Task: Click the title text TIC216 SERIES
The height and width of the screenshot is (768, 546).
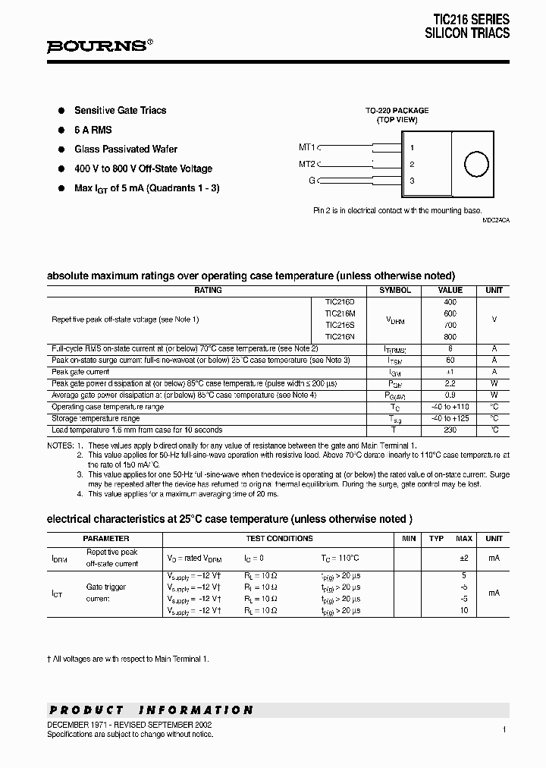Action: click(471, 20)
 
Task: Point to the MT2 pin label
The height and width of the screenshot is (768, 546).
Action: click(306, 164)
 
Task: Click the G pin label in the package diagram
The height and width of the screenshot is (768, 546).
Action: click(311, 181)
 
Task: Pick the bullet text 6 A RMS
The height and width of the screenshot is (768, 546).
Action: click(93, 130)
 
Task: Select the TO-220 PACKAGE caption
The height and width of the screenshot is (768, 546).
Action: click(397, 110)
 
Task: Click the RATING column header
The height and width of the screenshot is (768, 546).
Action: click(208, 291)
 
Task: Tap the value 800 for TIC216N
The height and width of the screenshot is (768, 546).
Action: click(450, 337)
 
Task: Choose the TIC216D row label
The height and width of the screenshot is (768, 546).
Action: click(340, 302)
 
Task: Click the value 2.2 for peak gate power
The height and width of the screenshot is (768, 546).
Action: click(450, 384)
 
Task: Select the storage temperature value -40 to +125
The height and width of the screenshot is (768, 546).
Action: click(450, 419)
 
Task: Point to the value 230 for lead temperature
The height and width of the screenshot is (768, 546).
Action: click(450, 430)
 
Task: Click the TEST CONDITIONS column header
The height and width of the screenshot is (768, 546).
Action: click(279, 539)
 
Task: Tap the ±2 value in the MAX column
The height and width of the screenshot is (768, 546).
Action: click(463, 558)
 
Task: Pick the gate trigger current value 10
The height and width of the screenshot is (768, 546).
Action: click(463, 610)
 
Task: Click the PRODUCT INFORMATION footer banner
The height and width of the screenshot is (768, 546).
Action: click(151, 710)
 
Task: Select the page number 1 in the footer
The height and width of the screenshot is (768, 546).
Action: click(504, 729)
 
